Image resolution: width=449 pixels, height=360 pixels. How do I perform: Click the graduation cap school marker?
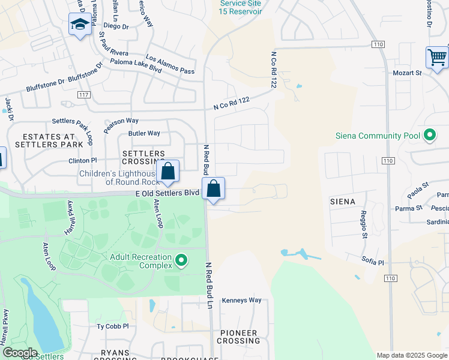[80, 25]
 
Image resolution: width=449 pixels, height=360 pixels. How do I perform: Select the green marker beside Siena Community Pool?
[429, 136]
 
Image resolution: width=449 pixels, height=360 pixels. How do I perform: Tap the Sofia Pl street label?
[372, 262]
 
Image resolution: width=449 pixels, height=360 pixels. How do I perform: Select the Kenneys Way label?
[242, 300]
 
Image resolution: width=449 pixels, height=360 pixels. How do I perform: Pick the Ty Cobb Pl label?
[113, 326]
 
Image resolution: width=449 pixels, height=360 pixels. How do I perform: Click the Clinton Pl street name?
[82, 161]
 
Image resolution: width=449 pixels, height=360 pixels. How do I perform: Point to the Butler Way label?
[144, 133]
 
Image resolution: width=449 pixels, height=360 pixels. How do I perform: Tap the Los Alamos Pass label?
[170, 65]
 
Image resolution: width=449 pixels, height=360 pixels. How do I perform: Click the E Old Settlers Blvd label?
[167, 193]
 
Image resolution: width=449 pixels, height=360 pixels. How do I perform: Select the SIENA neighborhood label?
[343, 202]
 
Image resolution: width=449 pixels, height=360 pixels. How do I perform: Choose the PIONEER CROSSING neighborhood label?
[238, 337]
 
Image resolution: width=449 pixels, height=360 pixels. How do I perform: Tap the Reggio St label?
[364, 224]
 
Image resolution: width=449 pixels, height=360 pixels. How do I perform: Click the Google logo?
[20, 353]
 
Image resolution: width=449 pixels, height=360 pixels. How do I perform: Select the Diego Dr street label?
[116, 26]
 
